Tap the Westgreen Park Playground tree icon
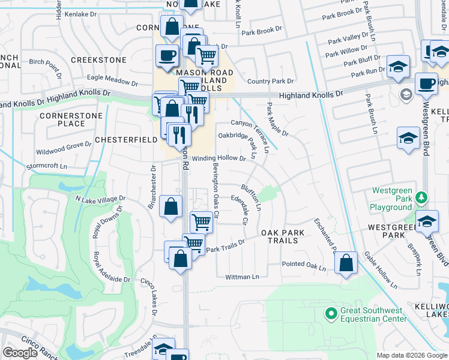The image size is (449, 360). point(421,197)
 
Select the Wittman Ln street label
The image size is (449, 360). point(242,277)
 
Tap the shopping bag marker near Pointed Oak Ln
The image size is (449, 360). point(346,262)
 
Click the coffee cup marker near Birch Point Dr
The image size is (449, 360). point(166,55)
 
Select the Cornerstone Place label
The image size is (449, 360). point(62,119)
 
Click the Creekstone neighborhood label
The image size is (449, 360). point(98,60)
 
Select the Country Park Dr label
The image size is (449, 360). point(270,81)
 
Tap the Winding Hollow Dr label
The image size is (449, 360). point(219,158)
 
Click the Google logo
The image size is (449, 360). point(20,352)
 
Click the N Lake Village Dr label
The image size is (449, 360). point(100,199)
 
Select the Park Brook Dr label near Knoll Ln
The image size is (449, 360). point(262,30)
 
